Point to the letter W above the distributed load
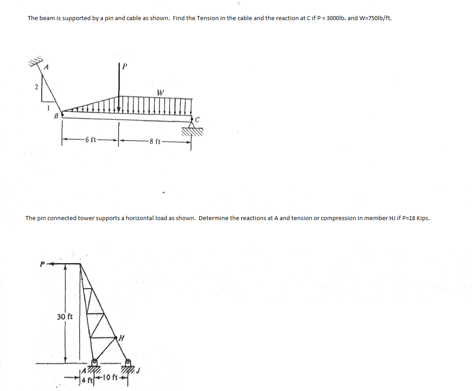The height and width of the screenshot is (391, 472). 160,93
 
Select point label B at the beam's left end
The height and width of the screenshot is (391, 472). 56,116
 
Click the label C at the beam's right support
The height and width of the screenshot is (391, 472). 197,119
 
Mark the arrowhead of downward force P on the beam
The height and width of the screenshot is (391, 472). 119,110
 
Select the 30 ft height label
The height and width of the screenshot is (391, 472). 65,317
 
